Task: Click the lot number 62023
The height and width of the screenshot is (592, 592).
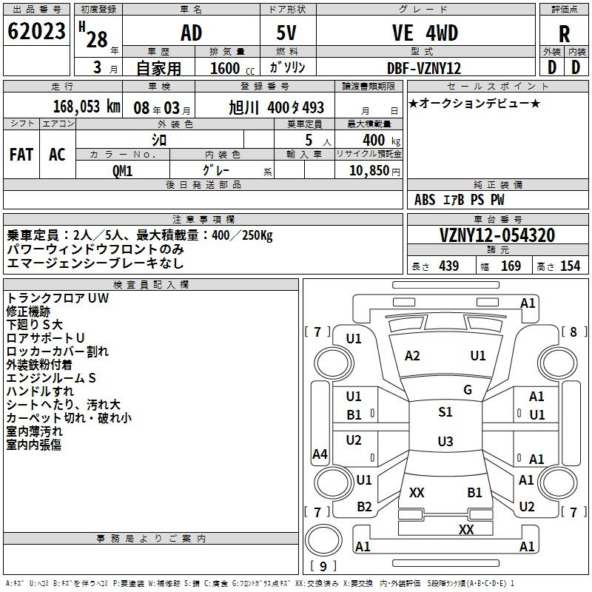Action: [36, 31]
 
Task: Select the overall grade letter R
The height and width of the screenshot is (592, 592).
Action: [564, 34]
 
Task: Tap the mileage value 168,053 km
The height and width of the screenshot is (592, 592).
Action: [87, 107]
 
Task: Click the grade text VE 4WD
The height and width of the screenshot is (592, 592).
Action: [425, 33]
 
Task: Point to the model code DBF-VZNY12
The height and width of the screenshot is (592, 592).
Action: [424, 68]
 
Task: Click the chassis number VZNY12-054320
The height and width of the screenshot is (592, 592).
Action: [497, 235]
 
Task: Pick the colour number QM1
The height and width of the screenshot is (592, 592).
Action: [122, 171]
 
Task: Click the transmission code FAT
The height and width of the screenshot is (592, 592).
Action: [21, 155]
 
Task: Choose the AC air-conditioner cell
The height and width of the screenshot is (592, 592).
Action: [57, 155]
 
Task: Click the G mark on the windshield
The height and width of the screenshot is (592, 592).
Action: [468, 390]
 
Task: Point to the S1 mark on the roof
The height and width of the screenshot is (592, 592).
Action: [445, 412]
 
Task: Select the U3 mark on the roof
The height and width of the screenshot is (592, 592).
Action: [445, 441]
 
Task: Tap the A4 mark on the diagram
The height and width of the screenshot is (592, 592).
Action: [320, 454]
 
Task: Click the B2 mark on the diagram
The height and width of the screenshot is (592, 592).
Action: [364, 507]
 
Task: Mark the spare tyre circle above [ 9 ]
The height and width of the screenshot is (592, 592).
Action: [323, 540]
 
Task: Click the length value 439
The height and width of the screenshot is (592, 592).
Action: [449, 266]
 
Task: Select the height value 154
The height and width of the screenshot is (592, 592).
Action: [570, 266]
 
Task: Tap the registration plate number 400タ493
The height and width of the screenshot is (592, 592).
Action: [295, 107]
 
